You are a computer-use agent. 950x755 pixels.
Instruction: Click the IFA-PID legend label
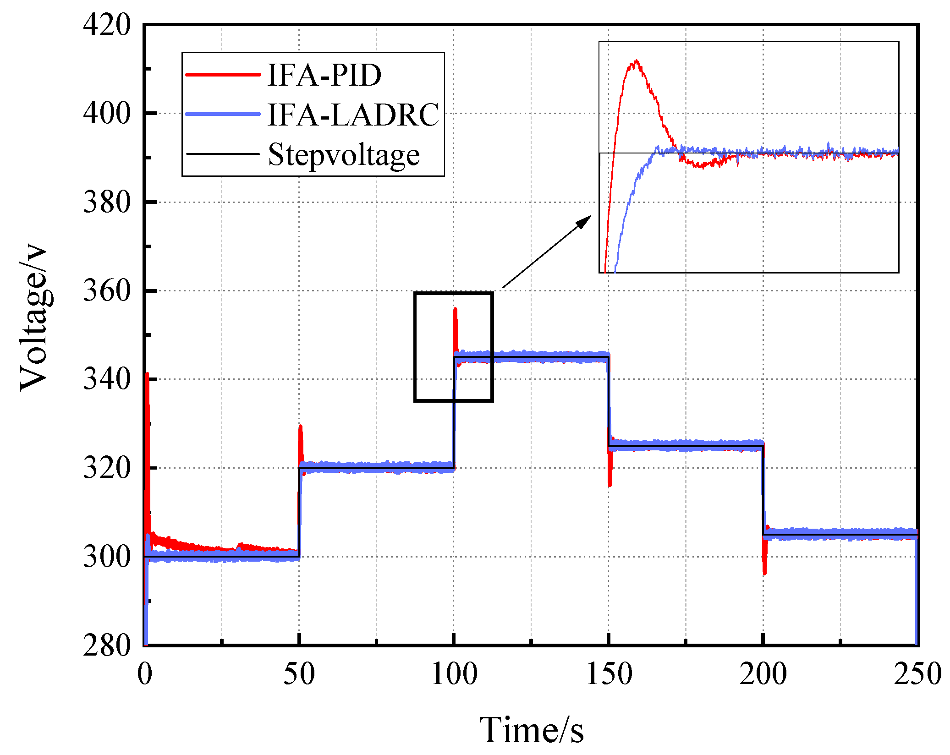click(x=324, y=75)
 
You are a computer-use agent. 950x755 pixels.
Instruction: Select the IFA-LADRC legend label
click(x=353, y=115)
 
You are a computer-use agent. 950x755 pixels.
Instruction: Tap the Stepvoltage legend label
click(x=343, y=155)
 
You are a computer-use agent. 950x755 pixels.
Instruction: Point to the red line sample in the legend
click(x=223, y=74)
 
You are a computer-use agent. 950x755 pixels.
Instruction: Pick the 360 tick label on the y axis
click(x=107, y=290)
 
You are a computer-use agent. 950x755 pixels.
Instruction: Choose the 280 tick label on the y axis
click(x=107, y=646)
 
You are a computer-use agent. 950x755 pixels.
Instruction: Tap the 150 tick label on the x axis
click(x=609, y=674)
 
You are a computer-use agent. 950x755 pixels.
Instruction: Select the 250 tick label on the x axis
click(x=917, y=674)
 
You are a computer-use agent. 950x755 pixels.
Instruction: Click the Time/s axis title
click(x=531, y=730)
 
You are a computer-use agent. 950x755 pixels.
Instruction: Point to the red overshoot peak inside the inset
click(x=636, y=61)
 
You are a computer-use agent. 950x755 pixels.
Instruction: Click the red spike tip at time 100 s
click(x=455, y=309)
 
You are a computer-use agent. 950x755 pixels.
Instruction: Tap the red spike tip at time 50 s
click(x=300, y=426)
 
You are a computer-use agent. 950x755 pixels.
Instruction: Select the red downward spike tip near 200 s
click(x=764, y=574)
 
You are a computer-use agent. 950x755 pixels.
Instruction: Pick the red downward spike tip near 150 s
click(x=610, y=486)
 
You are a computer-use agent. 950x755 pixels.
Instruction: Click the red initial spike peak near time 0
click(x=147, y=373)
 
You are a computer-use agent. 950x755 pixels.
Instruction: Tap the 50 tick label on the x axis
click(x=299, y=674)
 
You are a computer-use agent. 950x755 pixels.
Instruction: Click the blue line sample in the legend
click(x=223, y=114)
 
